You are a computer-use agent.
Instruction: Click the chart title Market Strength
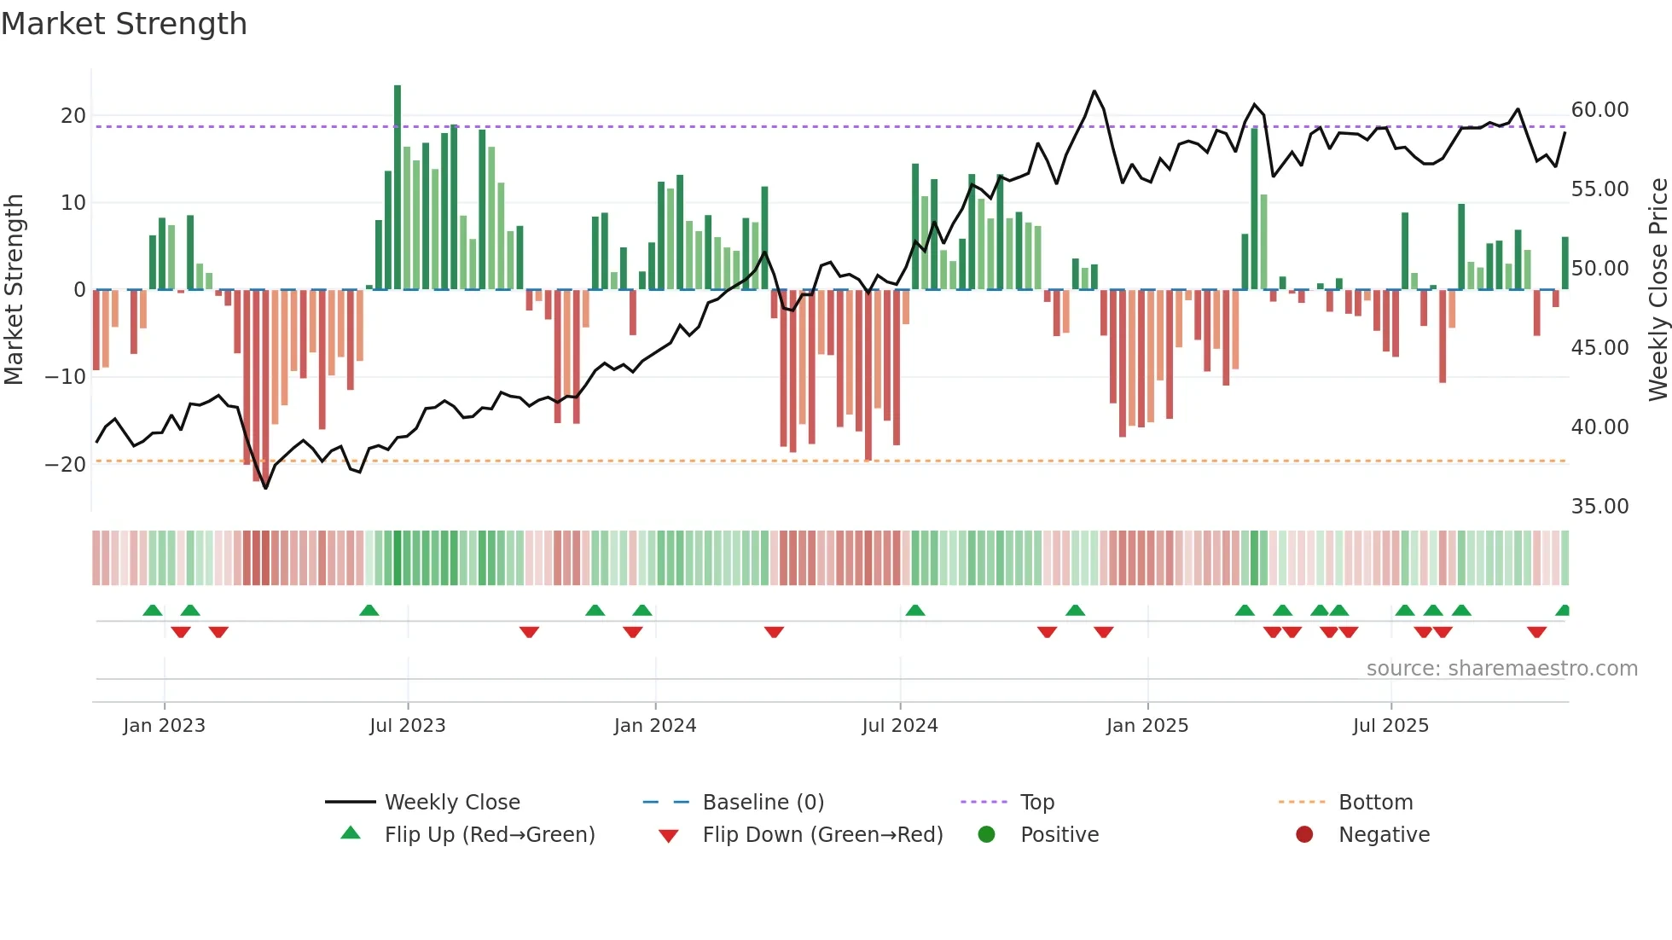124,24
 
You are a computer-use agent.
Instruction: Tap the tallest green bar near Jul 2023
398,188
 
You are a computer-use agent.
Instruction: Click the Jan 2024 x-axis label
654,726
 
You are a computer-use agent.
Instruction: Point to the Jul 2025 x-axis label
1390,726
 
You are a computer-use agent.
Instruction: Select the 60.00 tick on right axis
1599,110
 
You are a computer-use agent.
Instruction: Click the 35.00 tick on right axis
1599,507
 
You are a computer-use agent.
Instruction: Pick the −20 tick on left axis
66,465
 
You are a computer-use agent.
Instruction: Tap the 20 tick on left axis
73,116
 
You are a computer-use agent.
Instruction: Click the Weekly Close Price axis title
1657,290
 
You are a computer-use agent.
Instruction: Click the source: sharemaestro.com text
1501,669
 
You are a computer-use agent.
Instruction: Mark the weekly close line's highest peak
1094,91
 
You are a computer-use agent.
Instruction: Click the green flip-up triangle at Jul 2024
914,611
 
